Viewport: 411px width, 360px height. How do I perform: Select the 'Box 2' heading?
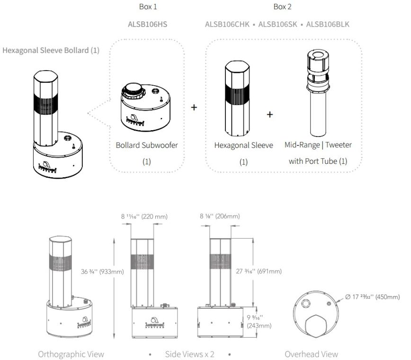tap(283, 7)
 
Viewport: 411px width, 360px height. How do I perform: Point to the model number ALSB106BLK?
tap(327, 24)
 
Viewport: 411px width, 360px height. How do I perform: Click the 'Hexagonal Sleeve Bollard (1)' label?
tap(51, 50)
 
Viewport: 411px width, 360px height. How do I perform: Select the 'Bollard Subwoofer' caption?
tap(147, 145)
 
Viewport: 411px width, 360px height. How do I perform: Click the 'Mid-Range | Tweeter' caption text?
tap(318, 144)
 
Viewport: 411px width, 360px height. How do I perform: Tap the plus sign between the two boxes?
tap(194, 107)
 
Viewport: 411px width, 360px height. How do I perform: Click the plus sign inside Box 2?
tap(270, 114)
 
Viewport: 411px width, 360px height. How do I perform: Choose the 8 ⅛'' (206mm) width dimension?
tap(220, 216)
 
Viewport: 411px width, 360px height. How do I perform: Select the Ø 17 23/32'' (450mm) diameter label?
tap(372, 297)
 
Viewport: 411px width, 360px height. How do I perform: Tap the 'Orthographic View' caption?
tap(71, 354)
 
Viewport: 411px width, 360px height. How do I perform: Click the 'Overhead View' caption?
tap(311, 354)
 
